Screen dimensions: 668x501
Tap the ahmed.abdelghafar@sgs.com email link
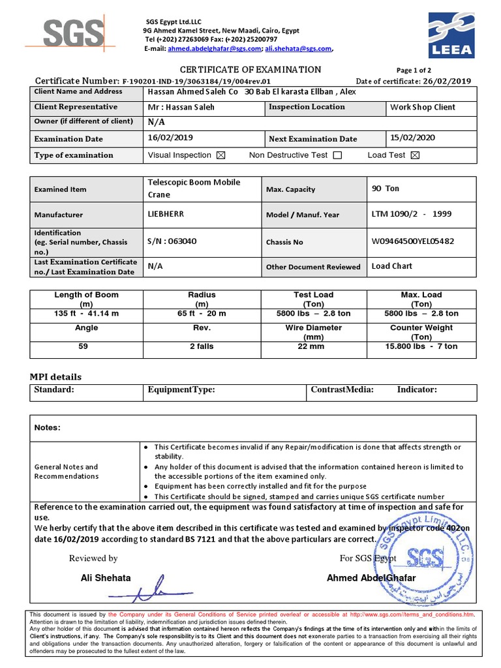215,48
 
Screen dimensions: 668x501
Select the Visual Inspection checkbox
220,155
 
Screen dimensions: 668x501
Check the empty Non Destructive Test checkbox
337,155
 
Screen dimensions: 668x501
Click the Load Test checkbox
415,155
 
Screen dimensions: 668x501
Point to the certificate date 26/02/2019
448,81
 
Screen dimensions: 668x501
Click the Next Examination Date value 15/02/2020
412,138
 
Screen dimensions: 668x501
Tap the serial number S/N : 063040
172,241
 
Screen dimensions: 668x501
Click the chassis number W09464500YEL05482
413,241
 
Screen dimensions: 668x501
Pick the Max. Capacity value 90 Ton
385,189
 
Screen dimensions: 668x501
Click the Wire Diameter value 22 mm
313,346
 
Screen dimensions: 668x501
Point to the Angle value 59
83,346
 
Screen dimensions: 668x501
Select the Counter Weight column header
421,332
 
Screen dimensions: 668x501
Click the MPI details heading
55,377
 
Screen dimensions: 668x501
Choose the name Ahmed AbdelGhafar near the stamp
371,578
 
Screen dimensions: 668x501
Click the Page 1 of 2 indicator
414,70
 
